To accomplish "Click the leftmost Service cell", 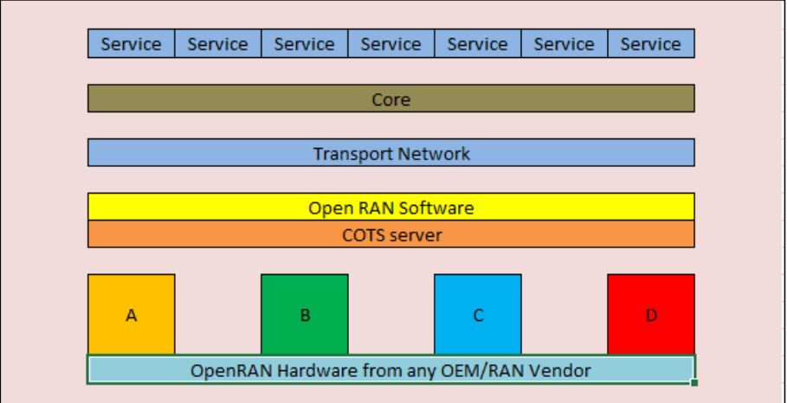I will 131,44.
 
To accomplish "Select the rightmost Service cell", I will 650,44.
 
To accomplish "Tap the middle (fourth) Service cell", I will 390,44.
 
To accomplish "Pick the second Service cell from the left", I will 217,44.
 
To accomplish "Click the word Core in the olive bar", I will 390,99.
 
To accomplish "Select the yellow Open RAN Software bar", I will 390,208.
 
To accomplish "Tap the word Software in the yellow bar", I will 435,208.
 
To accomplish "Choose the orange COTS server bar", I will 390,234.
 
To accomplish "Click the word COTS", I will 363,235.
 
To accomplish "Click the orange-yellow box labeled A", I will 132,315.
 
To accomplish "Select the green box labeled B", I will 305,315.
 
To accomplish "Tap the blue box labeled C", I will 478,315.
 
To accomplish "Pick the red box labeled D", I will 651,315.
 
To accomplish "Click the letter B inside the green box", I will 305,316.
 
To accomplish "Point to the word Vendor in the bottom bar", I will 561,371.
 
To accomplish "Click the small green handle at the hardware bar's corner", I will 694,381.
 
